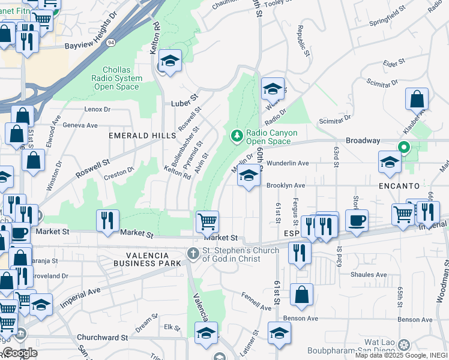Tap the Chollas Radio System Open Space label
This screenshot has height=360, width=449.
(118, 78)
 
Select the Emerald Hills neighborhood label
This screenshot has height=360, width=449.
(142, 136)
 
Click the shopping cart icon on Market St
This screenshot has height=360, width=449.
(207, 221)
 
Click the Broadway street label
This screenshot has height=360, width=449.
(362, 140)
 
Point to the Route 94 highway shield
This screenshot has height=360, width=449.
(111, 43)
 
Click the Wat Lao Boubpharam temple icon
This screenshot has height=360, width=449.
(403, 343)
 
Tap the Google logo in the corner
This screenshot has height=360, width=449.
(20, 352)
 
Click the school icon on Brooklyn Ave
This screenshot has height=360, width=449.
(249, 176)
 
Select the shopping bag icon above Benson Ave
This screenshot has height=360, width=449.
(301, 295)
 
